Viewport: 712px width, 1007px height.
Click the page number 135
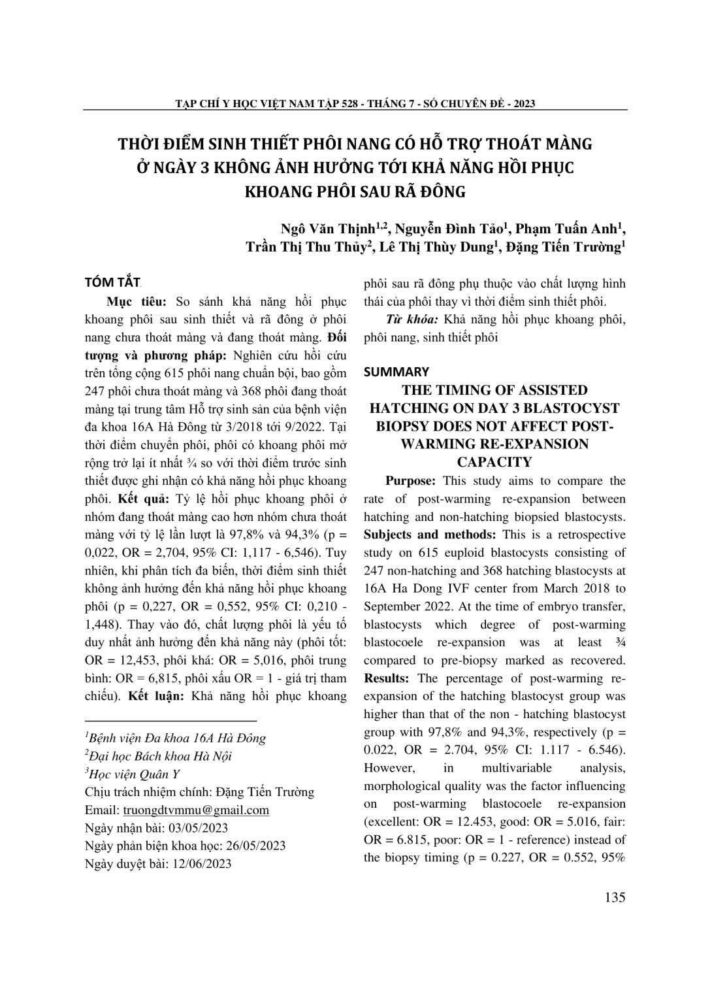615,897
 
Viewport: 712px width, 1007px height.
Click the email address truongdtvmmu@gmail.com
196,810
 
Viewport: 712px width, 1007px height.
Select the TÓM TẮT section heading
113,282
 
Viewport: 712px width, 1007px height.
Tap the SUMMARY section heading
396,372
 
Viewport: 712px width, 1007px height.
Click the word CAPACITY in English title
494,462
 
